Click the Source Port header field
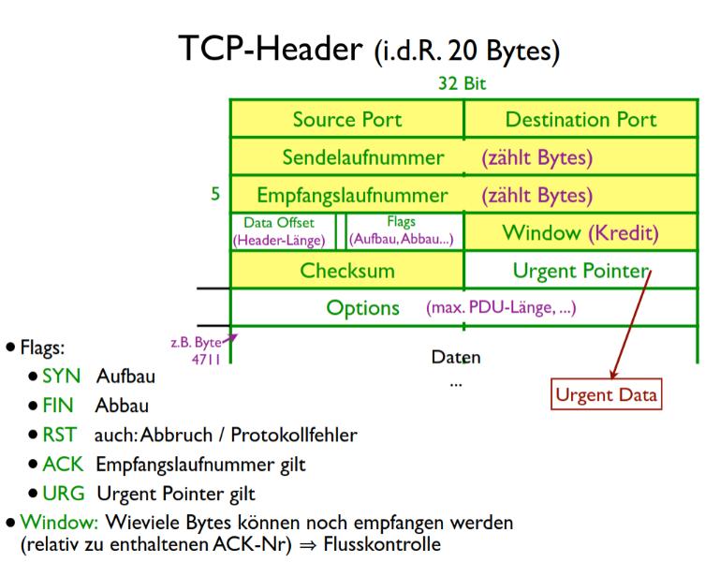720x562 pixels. point(346,119)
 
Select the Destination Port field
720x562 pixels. point(580,119)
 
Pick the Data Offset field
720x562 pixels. point(279,231)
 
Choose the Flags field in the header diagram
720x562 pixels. point(402,231)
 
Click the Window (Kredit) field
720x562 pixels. point(580,232)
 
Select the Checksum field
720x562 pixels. point(347,271)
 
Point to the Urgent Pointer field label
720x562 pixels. point(580,271)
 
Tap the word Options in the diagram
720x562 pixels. point(362,307)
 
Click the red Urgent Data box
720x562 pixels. point(606,394)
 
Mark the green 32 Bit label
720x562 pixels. point(463,83)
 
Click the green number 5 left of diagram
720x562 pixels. point(215,196)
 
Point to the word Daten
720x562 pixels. point(455,357)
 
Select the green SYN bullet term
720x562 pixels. point(62,377)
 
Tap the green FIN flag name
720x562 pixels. point(58,407)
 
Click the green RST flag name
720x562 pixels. point(59,436)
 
